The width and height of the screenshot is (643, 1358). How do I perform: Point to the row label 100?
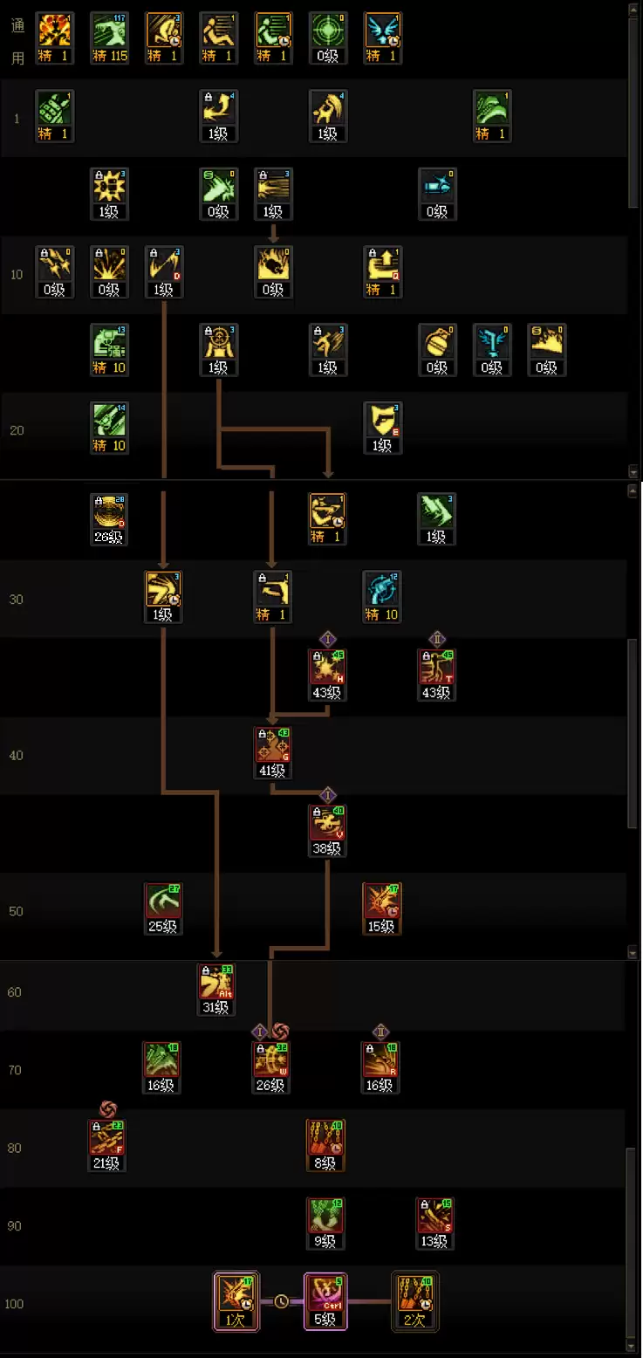coord(14,1304)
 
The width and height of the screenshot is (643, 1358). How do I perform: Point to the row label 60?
coord(15,992)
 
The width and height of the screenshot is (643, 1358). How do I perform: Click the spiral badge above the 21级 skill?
coord(107,1108)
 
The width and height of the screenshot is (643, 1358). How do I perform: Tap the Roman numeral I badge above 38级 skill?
coord(327,795)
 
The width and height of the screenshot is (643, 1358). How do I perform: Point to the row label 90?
coord(15,1226)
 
